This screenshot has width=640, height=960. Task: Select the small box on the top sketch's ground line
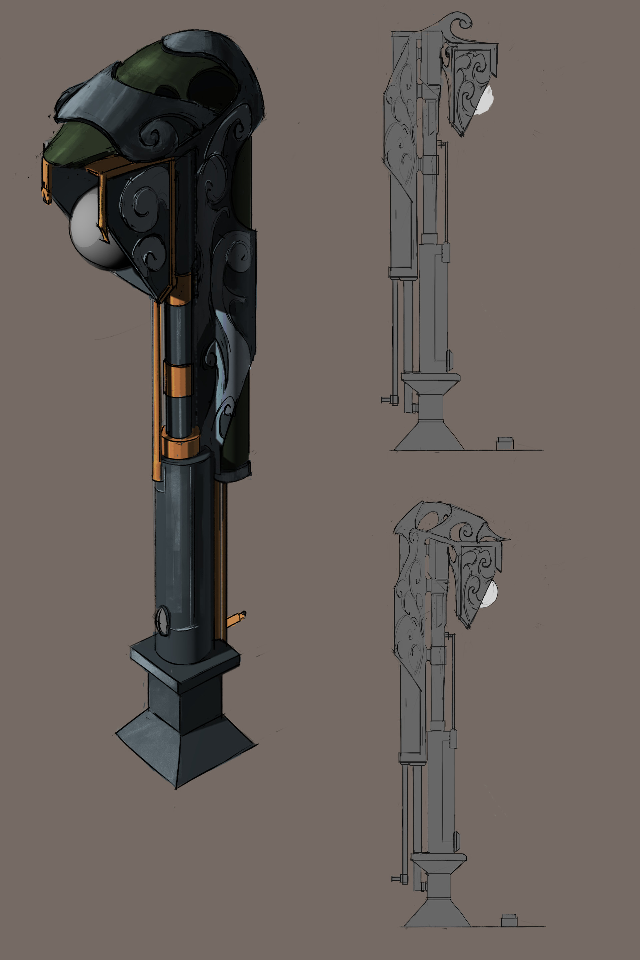click(x=505, y=444)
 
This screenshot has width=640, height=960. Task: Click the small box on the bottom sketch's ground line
click(x=509, y=920)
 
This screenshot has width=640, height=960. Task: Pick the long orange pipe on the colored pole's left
click(x=156, y=388)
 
